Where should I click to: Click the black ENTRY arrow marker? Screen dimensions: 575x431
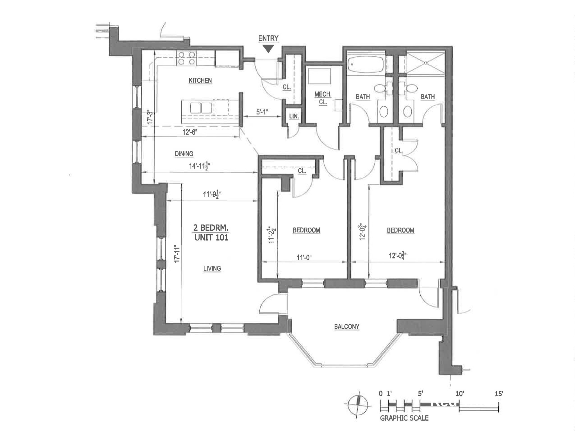tap(268, 49)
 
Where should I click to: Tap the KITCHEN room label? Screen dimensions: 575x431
tap(200, 81)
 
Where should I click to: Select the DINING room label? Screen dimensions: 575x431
tap(184, 154)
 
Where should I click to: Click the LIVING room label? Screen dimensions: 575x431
tap(212, 269)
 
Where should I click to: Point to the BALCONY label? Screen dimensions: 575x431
tap(347, 327)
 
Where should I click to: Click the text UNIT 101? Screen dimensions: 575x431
tap(211, 238)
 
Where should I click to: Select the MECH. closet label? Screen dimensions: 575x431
tap(323, 94)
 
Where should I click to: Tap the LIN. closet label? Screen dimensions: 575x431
tap(294, 116)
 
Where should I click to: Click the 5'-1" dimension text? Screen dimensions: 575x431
tap(262, 112)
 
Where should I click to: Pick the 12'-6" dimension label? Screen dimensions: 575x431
tap(190, 132)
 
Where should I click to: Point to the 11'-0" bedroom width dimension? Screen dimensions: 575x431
tap(304, 257)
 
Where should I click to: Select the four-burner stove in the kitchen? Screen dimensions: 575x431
tap(186, 59)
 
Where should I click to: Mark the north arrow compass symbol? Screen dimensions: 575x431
tap(358, 405)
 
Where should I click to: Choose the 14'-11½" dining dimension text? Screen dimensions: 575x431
tap(200, 166)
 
